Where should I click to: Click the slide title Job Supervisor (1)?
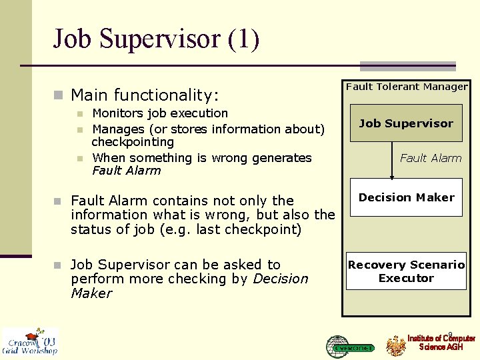[x=156, y=39]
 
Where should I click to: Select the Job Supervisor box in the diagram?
[x=406, y=123]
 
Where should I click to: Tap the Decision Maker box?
[x=406, y=197]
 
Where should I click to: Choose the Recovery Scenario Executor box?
[x=406, y=271]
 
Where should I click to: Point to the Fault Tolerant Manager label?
[x=407, y=87]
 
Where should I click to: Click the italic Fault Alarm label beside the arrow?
[x=431, y=158]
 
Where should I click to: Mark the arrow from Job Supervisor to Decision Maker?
[x=392, y=160]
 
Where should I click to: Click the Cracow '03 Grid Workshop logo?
[x=29, y=341]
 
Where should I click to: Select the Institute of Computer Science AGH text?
[x=441, y=343]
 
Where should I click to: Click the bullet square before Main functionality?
[x=58, y=95]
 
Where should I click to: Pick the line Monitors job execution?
[x=160, y=113]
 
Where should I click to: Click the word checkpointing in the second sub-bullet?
[x=133, y=142]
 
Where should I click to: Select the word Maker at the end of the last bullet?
[x=91, y=293]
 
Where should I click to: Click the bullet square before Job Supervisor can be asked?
[x=58, y=265]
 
